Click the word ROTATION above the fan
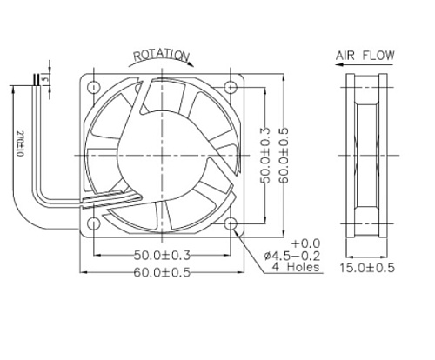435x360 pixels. point(159,57)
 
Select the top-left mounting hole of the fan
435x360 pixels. point(92,86)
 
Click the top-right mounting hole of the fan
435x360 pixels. point(231,86)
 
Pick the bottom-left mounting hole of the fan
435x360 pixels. point(92,223)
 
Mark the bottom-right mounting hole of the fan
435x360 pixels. point(231,223)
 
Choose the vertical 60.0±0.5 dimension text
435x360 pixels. point(284,155)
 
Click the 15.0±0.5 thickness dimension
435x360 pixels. point(365,268)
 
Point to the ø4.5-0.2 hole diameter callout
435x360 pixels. point(292,255)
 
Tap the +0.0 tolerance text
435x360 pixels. point(307,242)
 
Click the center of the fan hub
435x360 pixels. point(161,155)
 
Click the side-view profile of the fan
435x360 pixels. point(365,155)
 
